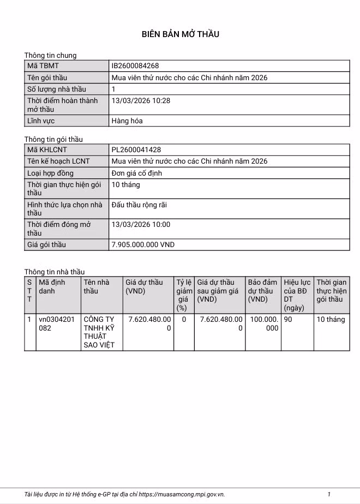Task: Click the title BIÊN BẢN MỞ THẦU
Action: coord(180,34)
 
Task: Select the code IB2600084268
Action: coord(135,66)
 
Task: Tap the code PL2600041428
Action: coord(136,149)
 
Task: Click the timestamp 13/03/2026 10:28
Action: coord(141,101)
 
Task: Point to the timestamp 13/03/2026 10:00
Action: coord(141,224)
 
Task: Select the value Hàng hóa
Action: coord(127,121)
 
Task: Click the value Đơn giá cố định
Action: coord(136,173)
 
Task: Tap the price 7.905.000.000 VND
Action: coord(143,244)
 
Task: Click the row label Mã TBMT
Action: coord(43,66)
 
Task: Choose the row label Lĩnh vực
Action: coord(41,121)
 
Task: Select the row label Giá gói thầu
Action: coord(46,244)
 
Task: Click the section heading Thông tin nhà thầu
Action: coord(55,272)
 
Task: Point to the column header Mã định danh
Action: coord(52,286)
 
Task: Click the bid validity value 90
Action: coord(288,320)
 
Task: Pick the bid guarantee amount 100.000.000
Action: coord(264,323)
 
